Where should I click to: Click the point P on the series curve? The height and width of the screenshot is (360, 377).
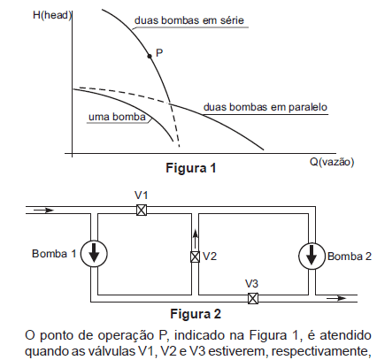click(x=150, y=56)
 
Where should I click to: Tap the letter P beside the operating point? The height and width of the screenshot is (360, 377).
click(x=159, y=53)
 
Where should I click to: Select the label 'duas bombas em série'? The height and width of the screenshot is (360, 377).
click(x=189, y=20)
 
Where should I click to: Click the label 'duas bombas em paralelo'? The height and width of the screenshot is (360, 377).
click(x=265, y=107)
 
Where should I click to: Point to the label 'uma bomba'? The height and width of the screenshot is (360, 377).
click(x=117, y=117)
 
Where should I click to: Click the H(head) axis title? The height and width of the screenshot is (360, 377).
click(x=52, y=15)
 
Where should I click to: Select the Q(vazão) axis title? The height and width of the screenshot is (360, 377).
click(x=332, y=162)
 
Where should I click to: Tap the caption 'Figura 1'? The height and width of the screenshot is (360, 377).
click(x=191, y=168)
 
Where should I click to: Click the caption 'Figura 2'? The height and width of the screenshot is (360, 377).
click(x=196, y=314)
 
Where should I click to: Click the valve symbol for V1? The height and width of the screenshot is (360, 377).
click(x=142, y=211)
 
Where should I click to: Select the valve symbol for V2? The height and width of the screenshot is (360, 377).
click(x=195, y=257)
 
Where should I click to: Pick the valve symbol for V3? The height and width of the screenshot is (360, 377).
click(x=253, y=298)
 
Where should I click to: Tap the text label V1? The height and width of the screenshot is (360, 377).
click(x=141, y=195)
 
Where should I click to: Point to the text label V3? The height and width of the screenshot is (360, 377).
click(x=251, y=284)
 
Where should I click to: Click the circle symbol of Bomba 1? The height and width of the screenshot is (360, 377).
click(x=94, y=254)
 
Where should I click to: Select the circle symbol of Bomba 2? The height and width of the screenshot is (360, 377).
click(x=312, y=256)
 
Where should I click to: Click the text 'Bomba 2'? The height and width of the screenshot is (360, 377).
click(x=350, y=257)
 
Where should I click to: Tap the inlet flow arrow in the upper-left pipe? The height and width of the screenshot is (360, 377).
click(x=43, y=211)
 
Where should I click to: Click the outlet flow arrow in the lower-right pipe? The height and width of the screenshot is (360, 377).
click(x=336, y=298)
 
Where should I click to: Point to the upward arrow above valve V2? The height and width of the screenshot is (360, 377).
click(x=195, y=240)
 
